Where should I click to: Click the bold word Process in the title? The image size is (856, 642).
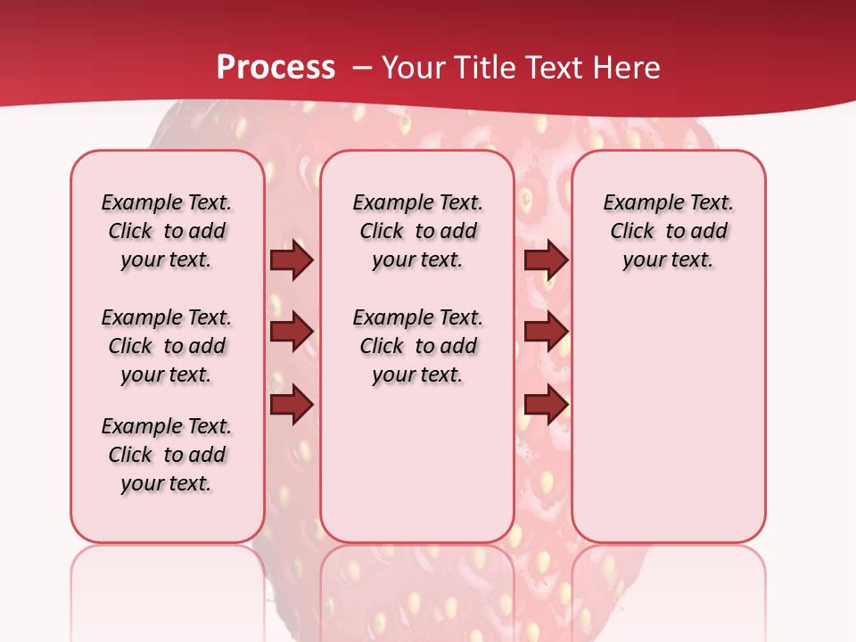pyautogui.click(x=276, y=68)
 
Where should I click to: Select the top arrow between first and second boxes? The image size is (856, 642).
pyautogui.click(x=292, y=260)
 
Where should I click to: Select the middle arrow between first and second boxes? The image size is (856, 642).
pyautogui.click(x=292, y=332)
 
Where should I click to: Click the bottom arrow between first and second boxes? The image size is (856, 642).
pyautogui.click(x=292, y=405)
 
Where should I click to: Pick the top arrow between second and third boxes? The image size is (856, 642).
pyautogui.click(x=546, y=260)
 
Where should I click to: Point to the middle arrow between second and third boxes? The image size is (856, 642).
pyautogui.click(x=546, y=332)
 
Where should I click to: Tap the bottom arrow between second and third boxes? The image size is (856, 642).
pyautogui.click(x=546, y=405)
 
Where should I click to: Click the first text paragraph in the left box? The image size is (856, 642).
pyautogui.click(x=167, y=231)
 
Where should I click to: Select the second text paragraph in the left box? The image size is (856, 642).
pyautogui.click(x=167, y=346)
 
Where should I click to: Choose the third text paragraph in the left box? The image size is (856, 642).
pyautogui.click(x=167, y=455)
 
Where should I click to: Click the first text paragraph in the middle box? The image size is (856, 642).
pyautogui.click(x=417, y=231)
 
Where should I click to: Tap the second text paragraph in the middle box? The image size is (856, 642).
pyautogui.click(x=417, y=346)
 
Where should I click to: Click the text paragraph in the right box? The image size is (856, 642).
pyautogui.click(x=668, y=231)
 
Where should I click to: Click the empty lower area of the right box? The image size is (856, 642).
pyautogui.click(x=668, y=419)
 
